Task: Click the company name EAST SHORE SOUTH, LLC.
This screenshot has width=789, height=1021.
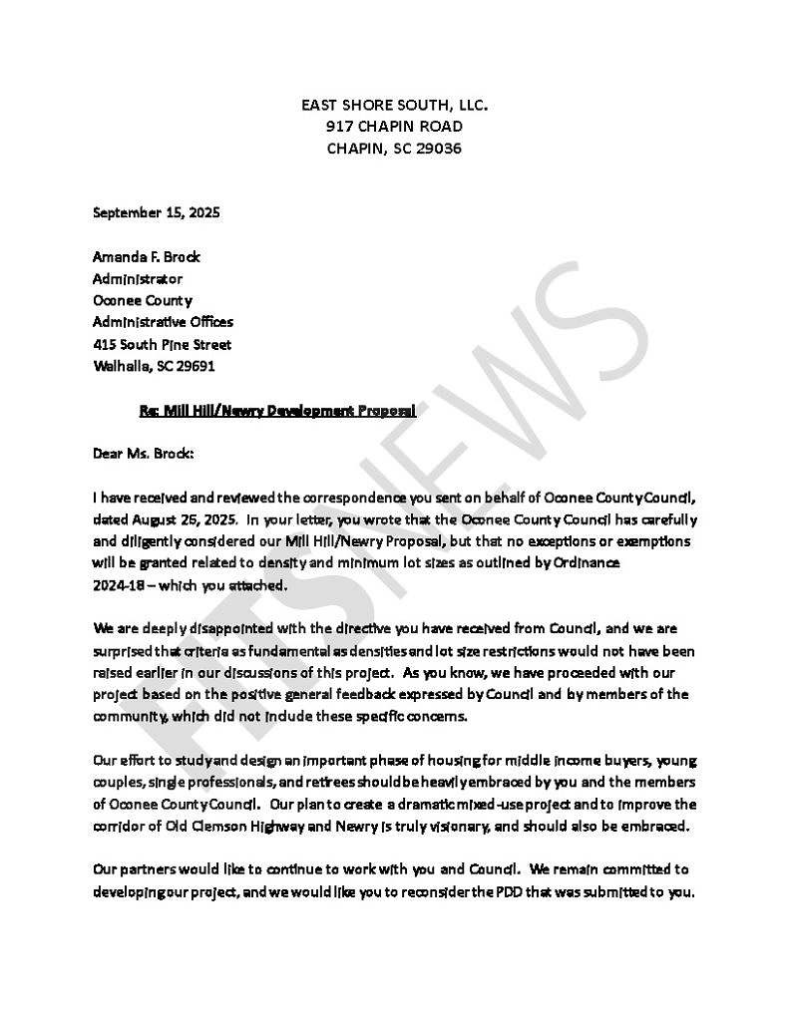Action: click(394, 105)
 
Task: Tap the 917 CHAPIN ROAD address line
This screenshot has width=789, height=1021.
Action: click(394, 127)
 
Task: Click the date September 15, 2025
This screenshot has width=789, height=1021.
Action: click(157, 212)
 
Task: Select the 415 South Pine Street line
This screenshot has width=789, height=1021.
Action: click(162, 344)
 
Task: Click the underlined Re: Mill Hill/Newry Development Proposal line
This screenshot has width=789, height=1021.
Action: click(277, 410)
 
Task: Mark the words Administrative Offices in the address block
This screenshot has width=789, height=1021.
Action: click(163, 322)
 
